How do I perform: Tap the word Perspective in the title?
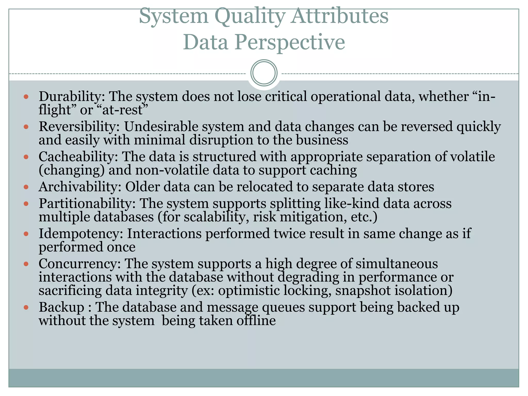[x=289, y=42]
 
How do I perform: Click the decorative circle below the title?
[x=264, y=73]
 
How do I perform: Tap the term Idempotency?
[x=80, y=234]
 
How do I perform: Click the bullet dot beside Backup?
[x=26, y=307]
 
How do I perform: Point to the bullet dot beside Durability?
[x=26, y=97]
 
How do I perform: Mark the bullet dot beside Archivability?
[x=26, y=187]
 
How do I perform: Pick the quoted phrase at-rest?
[x=122, y=110]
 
